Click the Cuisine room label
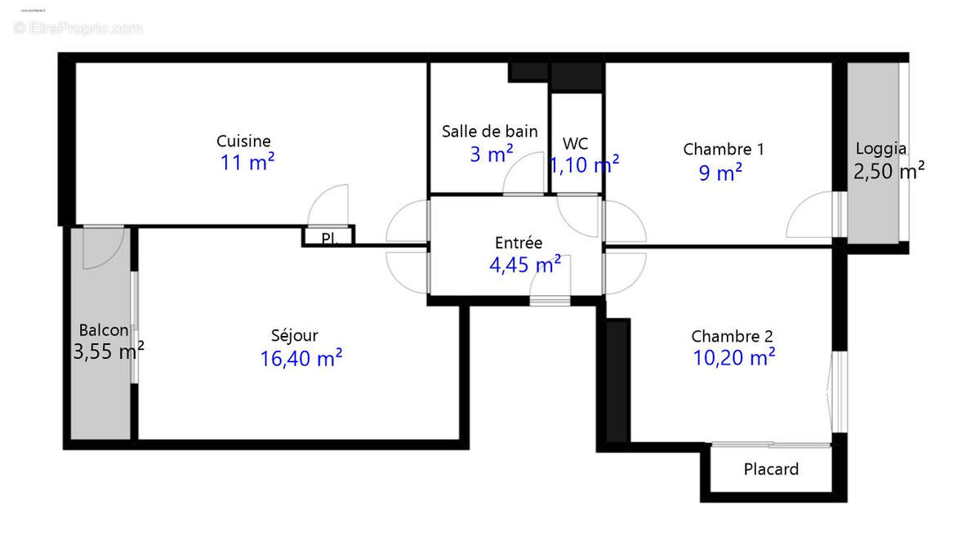coord(243,141)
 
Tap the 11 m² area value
coord(247,163)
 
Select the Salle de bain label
coord(490,131)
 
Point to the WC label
coord(575,145)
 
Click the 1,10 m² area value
coord(583,165)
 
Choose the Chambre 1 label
coord(724,150)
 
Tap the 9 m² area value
coord(720,172)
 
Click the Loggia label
coord(880,149)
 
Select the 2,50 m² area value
coord(889,171)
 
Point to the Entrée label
coord(519,243)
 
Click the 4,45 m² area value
coord(524,264)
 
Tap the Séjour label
coord(295,335)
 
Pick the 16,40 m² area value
coord(301,358)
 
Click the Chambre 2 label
coord(732,336)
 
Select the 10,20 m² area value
coord(733,357)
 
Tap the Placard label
coord(771,470)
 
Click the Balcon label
coord(104,330)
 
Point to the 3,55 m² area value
coord(109,351)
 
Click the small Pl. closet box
coord(328,237)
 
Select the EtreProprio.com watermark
coord(78,29)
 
